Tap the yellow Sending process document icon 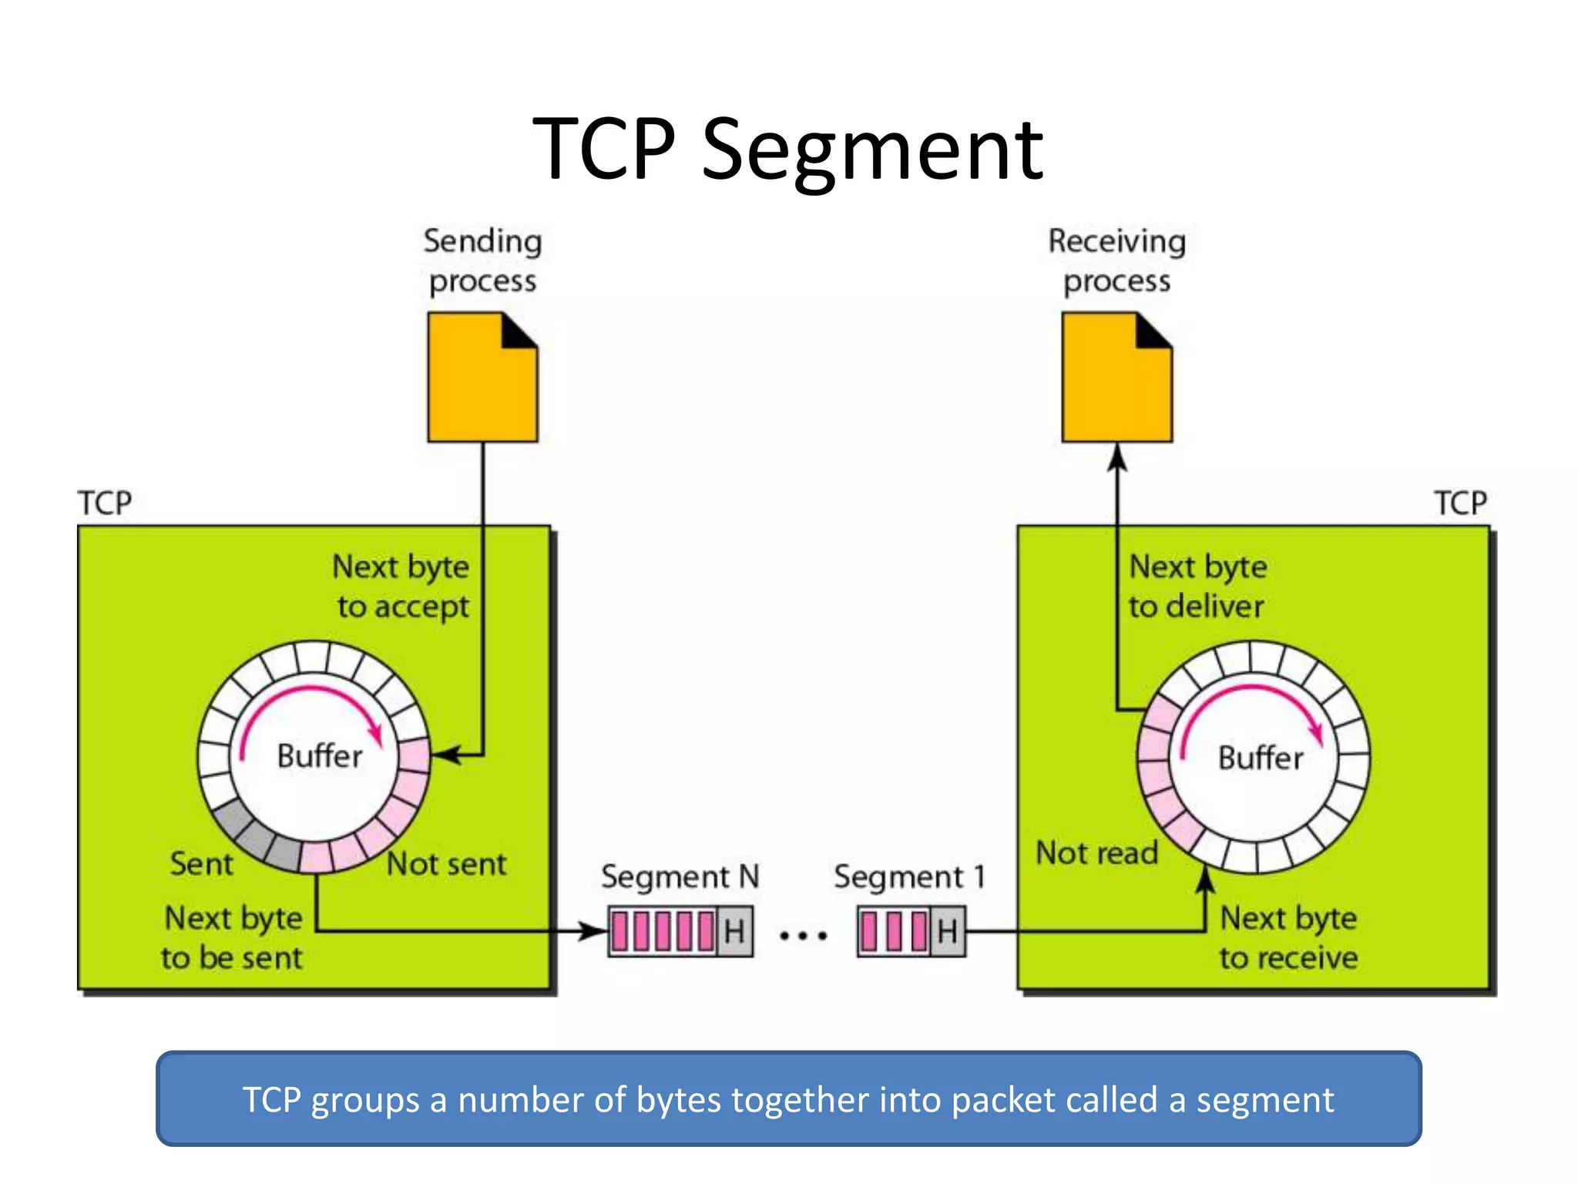tap(482, 378)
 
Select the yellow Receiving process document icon tap(1116, 378)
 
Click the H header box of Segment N tap(734, 932)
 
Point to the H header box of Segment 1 tap(947, 932)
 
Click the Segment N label tap(680, 877)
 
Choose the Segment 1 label tap(909, 877)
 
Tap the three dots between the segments tap(803, 936)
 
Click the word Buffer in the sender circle tap(319, 756)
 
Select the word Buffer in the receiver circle tap(1261, 758)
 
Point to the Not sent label tap(446, 864)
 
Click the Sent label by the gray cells tap(201, 864)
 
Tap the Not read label tap(1096, 853)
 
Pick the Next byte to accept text tap(401, 587)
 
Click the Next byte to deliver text tap(1197, 587)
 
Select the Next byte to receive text tap(1288, 938)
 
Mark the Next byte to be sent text tap(233, 938)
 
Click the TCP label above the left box tap(105, 503)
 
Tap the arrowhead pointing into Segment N tap(595, 932)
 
